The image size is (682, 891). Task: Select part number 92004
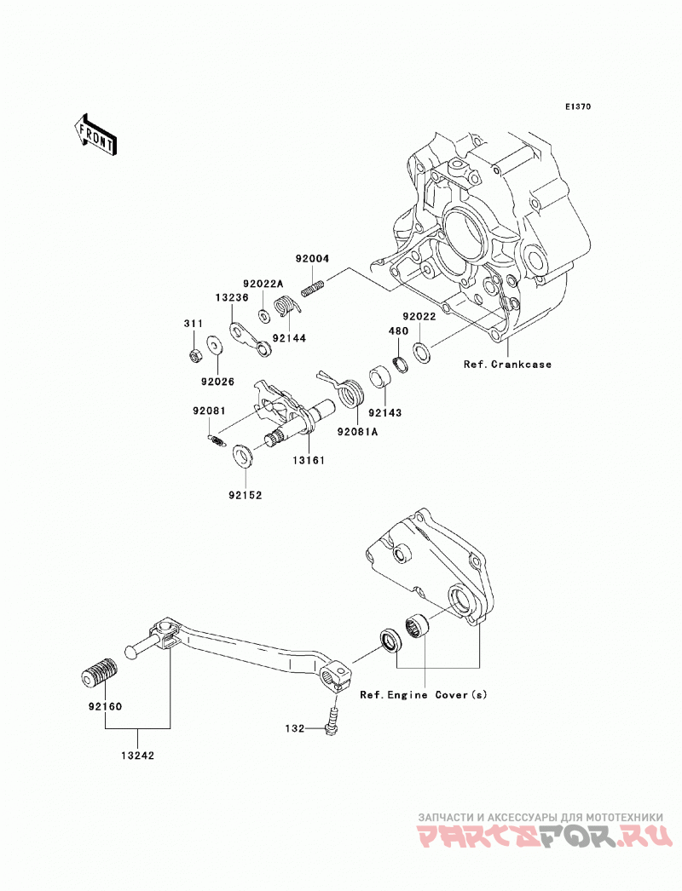[x=312, y=259]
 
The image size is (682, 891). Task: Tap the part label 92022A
[x=263, y=284]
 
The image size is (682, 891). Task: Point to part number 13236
[x=232, y=297]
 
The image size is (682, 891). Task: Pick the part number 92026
[x=217, y=382]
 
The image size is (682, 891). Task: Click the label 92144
[x=289, y=338]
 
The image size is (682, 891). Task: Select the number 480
[x=398, y=331]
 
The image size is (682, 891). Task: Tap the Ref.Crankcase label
[x=507, y=365]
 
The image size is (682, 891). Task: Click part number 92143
[x=384, y=412]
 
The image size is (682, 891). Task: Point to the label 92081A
[x=357, y=432]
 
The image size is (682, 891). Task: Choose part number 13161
[x=309, y=460]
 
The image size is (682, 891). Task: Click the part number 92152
[x=246, y=495]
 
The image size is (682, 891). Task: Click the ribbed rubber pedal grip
[x=96, y=672]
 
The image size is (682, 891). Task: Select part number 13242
[x=137, y=756]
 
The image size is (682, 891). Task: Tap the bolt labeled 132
[x=332, y=721]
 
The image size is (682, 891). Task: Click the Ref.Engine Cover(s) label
[x=424, y=694]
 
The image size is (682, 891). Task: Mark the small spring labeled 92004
[x=313, y=287]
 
